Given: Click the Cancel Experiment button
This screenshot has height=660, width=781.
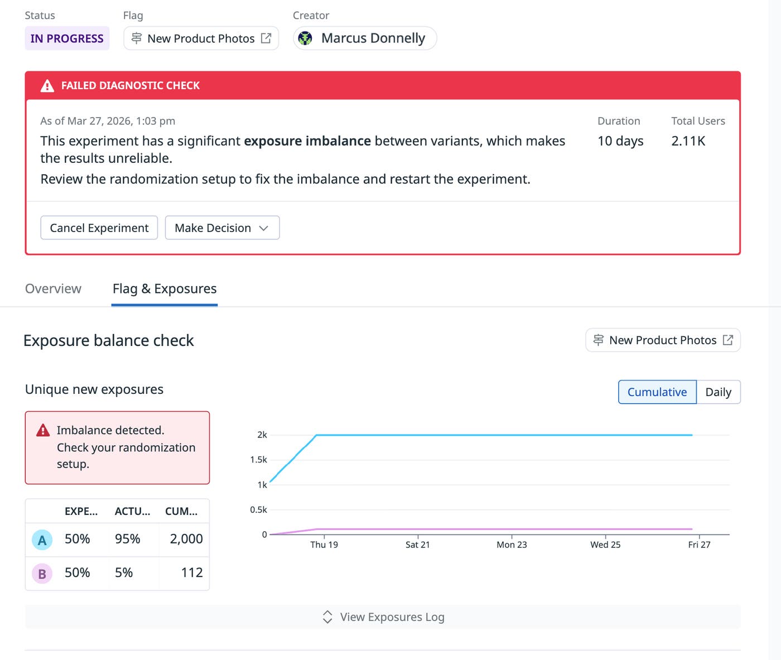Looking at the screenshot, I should point(99,228).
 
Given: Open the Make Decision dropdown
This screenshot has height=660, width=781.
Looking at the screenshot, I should point(222,228).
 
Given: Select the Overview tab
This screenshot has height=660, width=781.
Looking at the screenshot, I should point(53,288).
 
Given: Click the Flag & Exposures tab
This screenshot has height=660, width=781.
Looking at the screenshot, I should point(165,288).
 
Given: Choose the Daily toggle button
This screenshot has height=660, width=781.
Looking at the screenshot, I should point(718,392).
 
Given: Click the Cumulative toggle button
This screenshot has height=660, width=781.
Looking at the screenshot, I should point(657,392).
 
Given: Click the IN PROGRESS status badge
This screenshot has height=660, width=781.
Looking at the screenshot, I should point(67,38).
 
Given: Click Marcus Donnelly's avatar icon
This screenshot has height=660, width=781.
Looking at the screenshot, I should point(305,38).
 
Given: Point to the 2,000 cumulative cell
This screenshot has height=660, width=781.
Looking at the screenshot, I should point(186,539).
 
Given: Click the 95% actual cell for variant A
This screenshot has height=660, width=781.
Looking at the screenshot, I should point(127,539).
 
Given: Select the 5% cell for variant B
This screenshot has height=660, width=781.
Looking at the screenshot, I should point(124,572).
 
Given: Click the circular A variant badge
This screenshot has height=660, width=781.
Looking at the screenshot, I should point(42,540).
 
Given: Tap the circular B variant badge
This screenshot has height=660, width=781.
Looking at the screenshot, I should point(42,574).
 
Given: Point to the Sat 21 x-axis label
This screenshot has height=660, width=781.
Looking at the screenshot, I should point(417,545).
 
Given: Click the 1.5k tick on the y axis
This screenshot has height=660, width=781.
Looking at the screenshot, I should point(258,460).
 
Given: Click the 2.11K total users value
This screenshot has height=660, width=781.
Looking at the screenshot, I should point(688,141).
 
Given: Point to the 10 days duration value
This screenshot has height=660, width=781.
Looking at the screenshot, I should point(620,141).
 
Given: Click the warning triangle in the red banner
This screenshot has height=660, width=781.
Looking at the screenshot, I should point(47,86).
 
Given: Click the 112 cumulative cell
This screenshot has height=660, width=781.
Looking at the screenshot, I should point(191,572).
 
